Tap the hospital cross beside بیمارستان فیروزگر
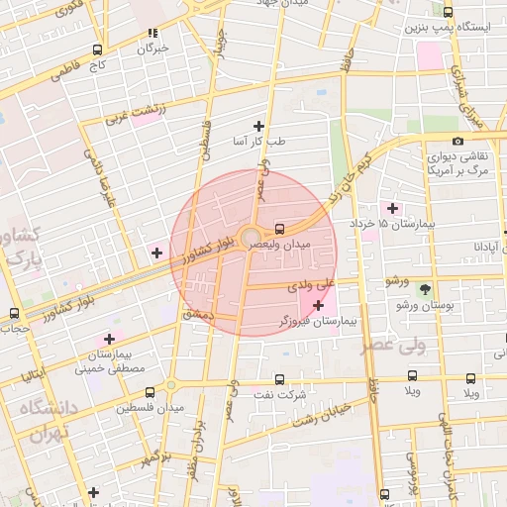[318, 306]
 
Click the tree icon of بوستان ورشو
[426, 290]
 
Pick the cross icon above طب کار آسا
[259, 126]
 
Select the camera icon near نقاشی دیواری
[456, 141]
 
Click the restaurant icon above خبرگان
[152, 33]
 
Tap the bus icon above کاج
[97, 49]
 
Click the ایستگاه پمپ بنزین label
[446, 27]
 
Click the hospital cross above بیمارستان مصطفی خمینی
[108, 340]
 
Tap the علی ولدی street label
[307, 285]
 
